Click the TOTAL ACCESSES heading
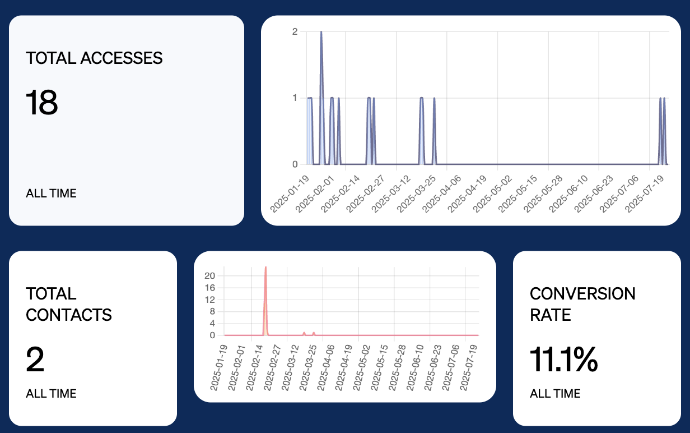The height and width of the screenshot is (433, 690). pos(94,58)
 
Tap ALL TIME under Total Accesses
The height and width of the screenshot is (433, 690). pos(51,194)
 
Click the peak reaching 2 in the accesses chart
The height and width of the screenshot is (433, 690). pos(321,32)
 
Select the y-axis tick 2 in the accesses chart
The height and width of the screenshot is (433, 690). pos(295,31)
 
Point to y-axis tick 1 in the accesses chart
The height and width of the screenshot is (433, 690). pos(295,98)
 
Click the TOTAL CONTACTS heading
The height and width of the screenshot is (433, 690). pos(68,304)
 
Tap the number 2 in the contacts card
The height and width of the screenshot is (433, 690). pos(35,360)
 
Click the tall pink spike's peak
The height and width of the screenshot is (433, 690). pos(265,268)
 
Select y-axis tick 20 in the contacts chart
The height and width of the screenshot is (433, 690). pos(210,275)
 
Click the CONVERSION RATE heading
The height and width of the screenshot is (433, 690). pos(582,304)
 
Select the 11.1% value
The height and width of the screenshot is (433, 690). pos(563,360)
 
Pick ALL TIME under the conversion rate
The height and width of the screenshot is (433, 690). pos(555,394)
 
